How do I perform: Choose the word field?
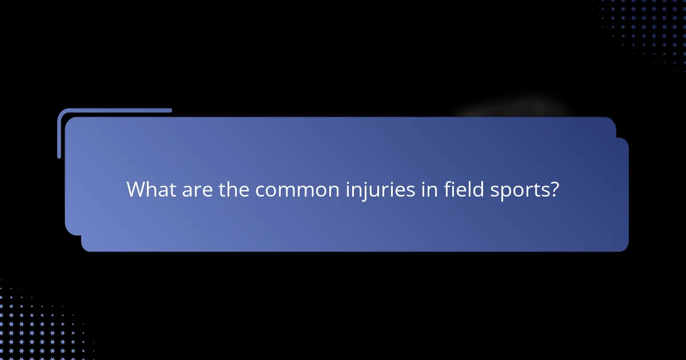464,190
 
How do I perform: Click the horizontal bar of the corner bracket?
114,110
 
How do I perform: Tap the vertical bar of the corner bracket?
59,134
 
